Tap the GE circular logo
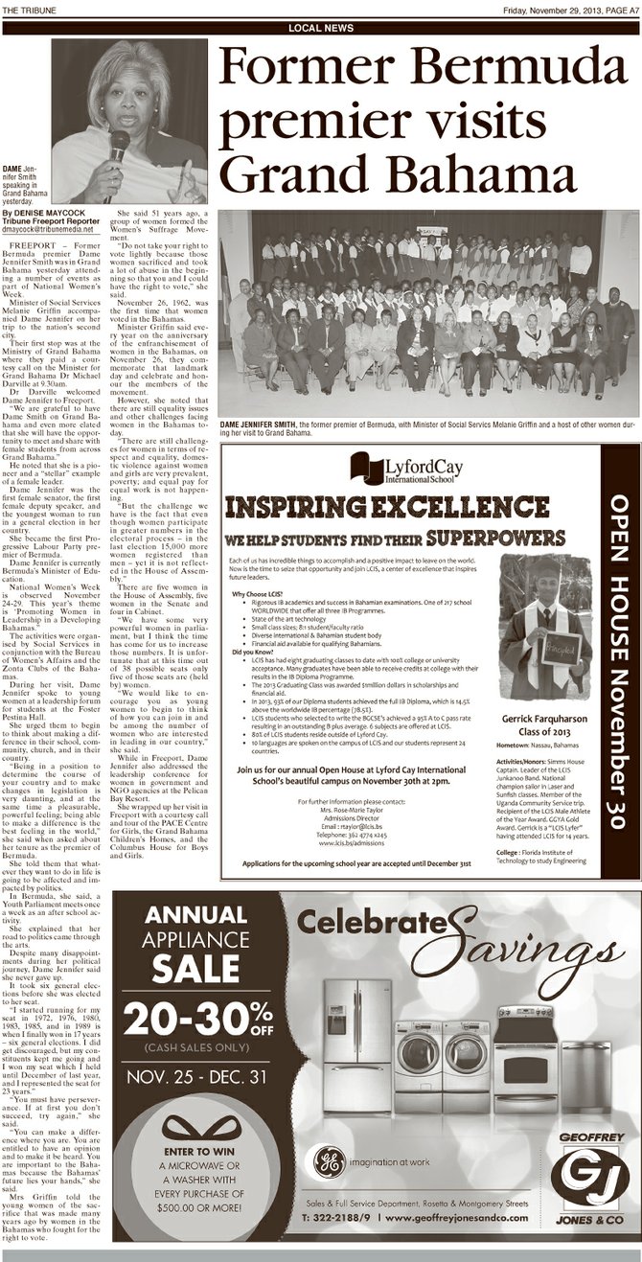tap(330, 1162)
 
